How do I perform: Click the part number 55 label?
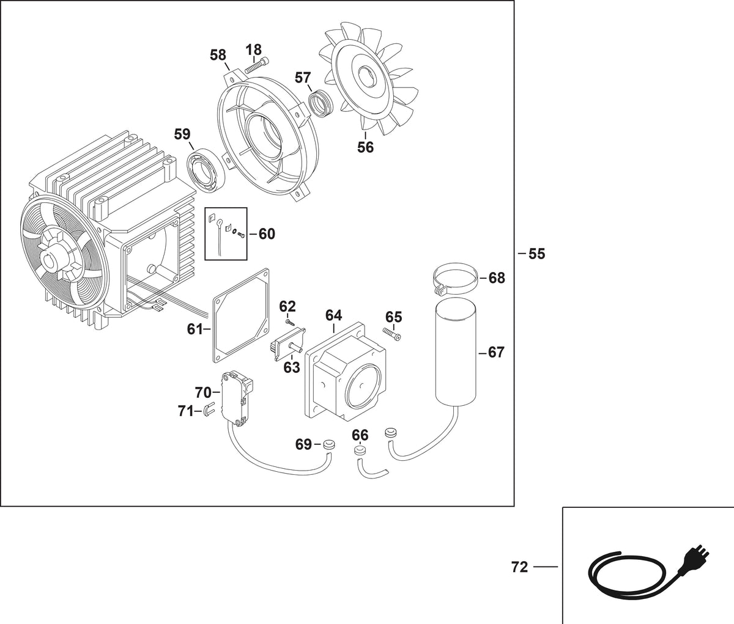(536, 254)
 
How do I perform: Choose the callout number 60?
(267, 234)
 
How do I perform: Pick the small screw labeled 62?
(290, 321)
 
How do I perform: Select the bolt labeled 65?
(391, 333)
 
